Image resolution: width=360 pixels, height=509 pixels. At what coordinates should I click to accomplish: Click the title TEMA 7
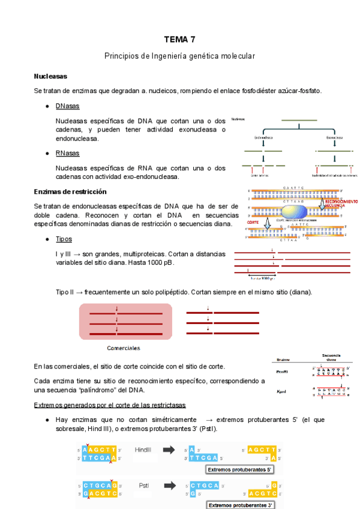tap(180, 40)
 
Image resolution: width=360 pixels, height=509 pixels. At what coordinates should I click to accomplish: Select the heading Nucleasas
tap(50, 77)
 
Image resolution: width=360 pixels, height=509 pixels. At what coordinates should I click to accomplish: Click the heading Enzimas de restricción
tap(70, 191)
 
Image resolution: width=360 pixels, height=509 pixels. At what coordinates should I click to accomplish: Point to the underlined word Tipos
tap(64, 239)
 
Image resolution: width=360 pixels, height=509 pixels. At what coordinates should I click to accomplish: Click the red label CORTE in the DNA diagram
tap(253, 222)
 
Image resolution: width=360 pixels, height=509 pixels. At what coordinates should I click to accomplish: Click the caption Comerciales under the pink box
tap(124, 348)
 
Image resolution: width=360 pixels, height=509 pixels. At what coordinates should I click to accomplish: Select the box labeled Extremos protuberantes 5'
tap(240, 469)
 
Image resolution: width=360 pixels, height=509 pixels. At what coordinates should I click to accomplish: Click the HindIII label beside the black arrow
tap(143, 450)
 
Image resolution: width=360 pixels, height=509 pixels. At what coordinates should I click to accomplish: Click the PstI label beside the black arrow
tap(143, 485)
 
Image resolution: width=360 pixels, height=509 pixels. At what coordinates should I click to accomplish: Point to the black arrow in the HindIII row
tap(170, 450)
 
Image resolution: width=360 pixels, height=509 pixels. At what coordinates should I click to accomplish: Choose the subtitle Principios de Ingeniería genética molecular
tap(180, 56)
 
